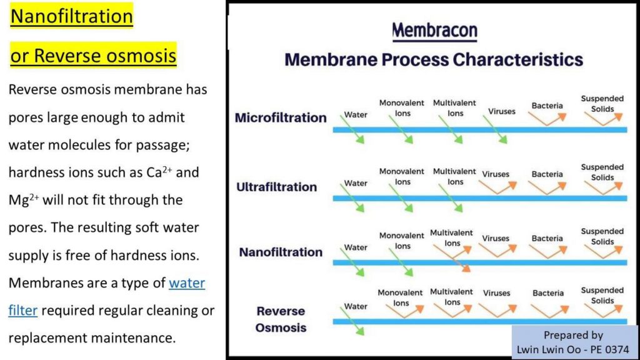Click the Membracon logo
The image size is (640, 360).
(435, 31)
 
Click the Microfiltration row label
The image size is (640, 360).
(281, 117)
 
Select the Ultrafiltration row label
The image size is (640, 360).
(277, 187)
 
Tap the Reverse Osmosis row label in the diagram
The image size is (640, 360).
(281, 319)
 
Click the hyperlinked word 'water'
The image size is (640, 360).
(187, 283)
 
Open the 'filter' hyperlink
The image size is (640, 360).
(23, 310)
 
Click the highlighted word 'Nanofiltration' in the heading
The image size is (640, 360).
(71, 16)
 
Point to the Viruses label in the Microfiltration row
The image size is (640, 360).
(502, 111)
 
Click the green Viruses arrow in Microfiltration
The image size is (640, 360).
(495, 129)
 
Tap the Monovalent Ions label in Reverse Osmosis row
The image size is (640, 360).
(400, 297)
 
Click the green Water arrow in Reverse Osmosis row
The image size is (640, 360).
(352, 321)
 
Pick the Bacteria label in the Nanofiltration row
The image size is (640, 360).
(547, 238)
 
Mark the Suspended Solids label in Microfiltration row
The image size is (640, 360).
(602, 104)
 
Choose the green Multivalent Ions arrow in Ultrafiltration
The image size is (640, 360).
(451, 198)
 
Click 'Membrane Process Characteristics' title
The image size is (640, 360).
(434, 59)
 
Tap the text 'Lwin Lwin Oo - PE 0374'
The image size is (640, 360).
(573, 350)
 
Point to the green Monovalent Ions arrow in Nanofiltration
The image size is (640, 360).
(401, 262)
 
